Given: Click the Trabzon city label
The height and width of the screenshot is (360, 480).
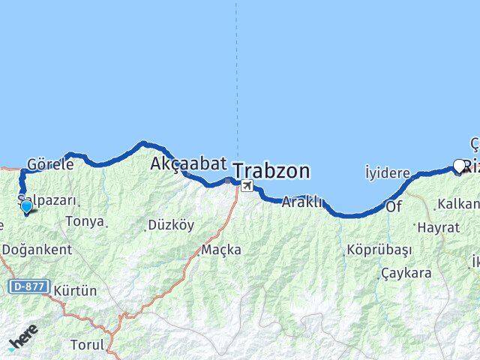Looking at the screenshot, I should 271,172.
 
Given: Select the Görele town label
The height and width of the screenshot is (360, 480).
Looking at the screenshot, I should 49,163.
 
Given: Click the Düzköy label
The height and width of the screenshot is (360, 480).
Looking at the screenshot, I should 170,224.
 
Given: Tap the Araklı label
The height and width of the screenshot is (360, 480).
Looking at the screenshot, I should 302,202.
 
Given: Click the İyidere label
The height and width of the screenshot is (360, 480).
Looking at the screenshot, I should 387,173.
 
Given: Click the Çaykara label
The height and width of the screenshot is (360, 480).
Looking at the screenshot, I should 406,273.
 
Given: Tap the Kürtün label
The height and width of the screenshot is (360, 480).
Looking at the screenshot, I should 76,290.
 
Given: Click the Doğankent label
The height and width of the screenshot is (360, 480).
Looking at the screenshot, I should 37,250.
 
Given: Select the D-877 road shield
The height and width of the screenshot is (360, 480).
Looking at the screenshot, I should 29,286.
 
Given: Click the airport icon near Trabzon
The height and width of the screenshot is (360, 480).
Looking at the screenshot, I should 247,185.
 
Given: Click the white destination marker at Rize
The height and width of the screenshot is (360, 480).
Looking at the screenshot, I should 460,165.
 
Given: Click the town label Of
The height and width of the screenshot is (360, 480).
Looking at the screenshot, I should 394,205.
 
